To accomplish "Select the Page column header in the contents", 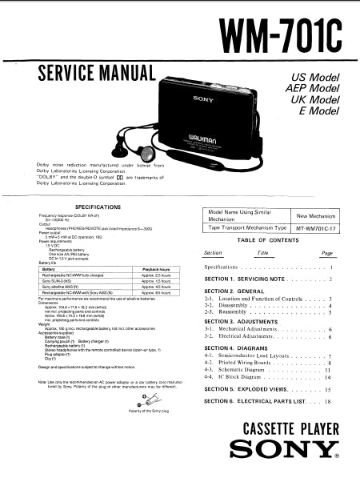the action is (x=326, y=253).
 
